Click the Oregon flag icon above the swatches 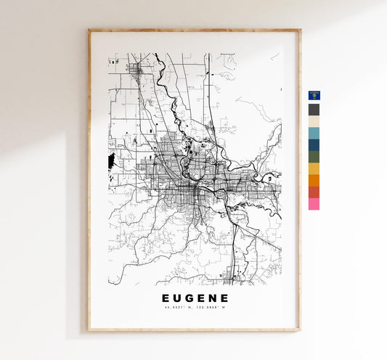point(314,96)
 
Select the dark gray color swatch point(314,110)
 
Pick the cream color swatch point(314,121)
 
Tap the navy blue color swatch point(314,145)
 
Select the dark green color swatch point(314,157)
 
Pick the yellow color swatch point(314,168)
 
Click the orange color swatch point(314,180)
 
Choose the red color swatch point(314,192)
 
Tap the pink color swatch point(314,204)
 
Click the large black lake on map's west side point(111,161)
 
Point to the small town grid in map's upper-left point(135,70)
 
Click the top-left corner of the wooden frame point(89,30)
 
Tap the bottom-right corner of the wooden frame point(299,330)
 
